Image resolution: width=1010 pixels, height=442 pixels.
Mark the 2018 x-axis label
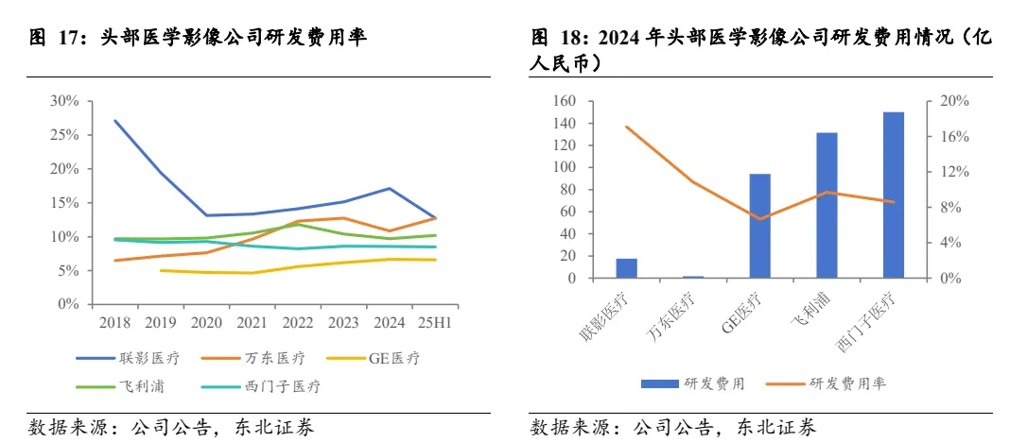point(115,323)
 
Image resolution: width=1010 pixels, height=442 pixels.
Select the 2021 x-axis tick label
point(252,323)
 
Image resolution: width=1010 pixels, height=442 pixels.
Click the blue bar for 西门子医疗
point(893,195)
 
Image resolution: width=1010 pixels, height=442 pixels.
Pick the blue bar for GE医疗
point(759,227)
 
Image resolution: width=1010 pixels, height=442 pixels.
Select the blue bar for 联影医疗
point(626,268)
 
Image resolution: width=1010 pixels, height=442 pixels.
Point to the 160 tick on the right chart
point(564,101)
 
